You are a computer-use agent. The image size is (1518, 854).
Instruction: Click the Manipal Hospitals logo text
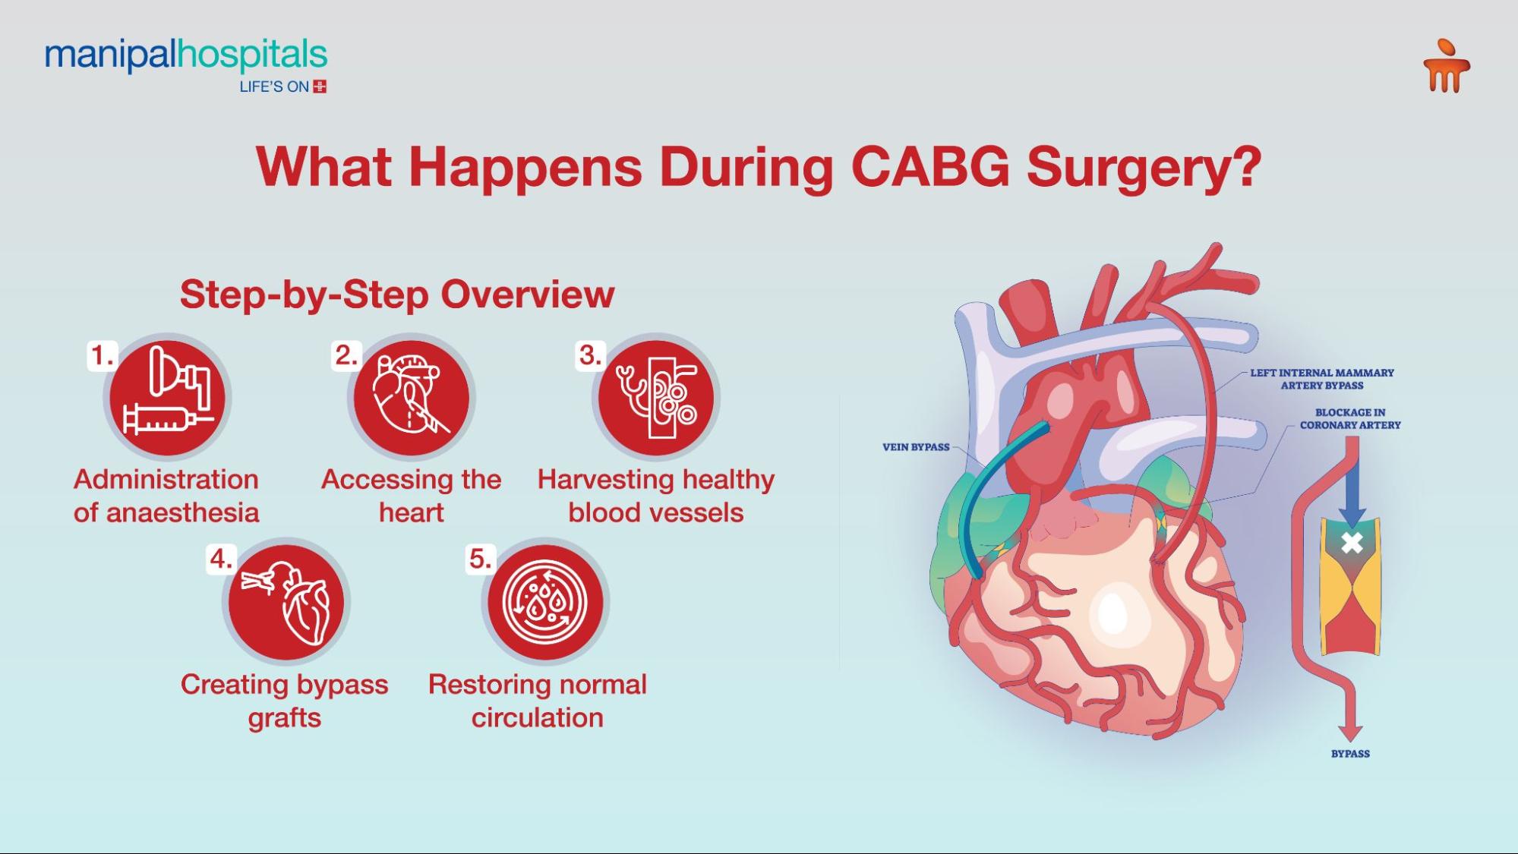click(186, 55)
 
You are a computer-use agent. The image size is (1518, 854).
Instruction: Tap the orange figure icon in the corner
click(1446, 67)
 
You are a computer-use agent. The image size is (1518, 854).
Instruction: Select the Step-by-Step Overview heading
click(397, 295)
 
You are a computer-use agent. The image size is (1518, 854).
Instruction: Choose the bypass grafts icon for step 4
click(286, 602)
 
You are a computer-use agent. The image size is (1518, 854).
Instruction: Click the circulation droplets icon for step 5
click(545, 602)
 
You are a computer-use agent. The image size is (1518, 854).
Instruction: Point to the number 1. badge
click(103, 355)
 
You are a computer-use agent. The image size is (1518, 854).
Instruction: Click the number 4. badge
click(221, 559)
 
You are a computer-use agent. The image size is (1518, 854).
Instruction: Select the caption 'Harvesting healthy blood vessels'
click(656, 496)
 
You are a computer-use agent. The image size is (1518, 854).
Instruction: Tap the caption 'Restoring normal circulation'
click(538, 701)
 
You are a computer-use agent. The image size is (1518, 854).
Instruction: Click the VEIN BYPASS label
click(916, 447)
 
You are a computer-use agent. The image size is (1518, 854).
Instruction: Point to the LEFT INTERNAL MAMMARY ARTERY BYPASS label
click(1322, 379)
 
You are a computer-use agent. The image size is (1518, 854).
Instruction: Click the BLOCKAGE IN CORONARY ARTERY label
click(1350, 419)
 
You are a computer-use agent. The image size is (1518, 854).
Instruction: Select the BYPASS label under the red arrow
click(1350, 754)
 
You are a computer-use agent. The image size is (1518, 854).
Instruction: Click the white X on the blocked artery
click(1352, 543)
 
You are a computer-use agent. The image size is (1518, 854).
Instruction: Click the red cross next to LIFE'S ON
click(320, 87)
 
